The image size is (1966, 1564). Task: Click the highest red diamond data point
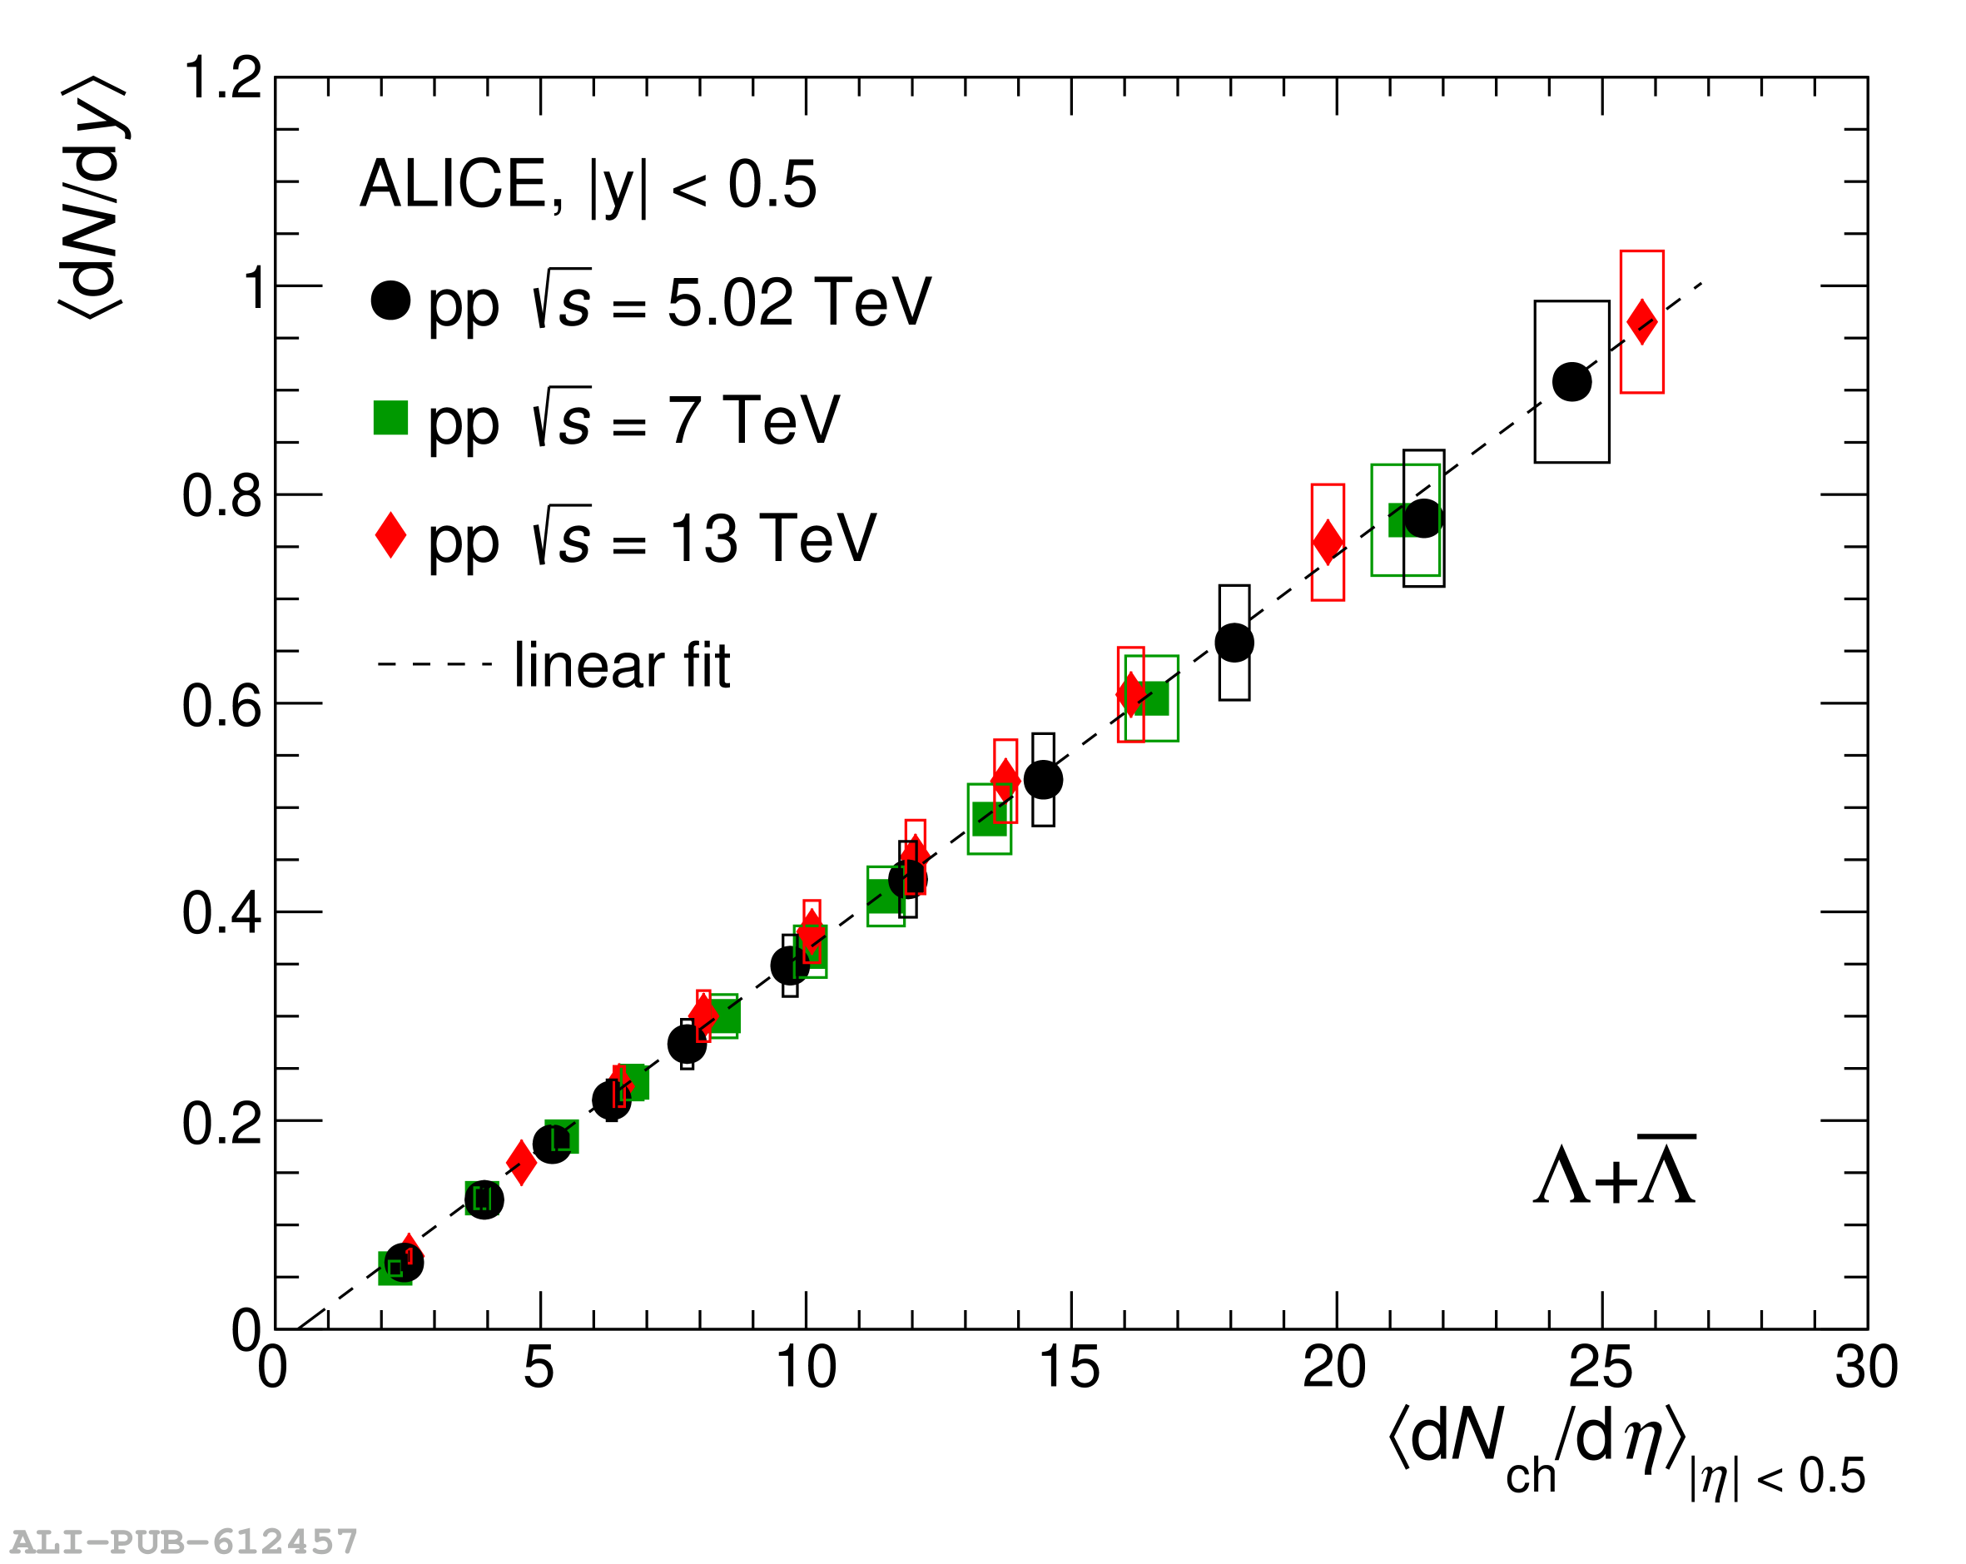tap(1641, 322)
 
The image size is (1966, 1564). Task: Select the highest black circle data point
tap(1571, 381)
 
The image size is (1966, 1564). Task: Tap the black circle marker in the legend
tap(390, 300)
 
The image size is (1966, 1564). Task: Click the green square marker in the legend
tap(390, 418)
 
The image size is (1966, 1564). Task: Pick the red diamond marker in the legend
tap(390, 534)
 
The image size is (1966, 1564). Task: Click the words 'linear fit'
tap(622, 665)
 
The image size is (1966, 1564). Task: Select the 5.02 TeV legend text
tap(679, 302)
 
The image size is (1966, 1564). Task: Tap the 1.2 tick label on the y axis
tap(221, 77)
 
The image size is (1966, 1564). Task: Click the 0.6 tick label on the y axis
tap(221, 704)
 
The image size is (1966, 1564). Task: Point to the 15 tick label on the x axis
tap(1069, 1366)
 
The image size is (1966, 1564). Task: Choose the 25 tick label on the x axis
tap(1600, 1366)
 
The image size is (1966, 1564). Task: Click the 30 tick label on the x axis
tap(1865, 1366)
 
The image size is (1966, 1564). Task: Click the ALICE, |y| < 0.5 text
tap(588, 185)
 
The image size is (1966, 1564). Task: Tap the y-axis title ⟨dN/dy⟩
tap(93, 196)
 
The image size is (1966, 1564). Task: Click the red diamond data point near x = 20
tap(1328, 542)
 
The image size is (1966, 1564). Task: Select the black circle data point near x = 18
tap(1234, 643)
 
